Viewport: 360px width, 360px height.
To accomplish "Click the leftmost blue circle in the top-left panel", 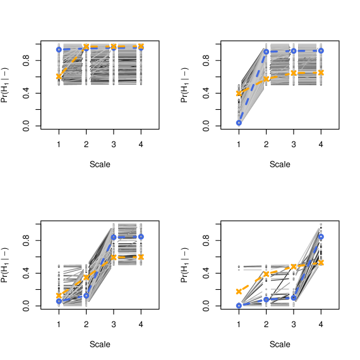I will coord(59,49).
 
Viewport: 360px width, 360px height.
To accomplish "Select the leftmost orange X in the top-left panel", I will coord(59,76).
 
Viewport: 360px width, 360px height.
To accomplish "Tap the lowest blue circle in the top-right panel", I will coord(239,123).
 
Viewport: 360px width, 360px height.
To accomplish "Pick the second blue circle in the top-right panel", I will coord(267,52).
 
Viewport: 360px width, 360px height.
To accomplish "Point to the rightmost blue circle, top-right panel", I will coord(321,51).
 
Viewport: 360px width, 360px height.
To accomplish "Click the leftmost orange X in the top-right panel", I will coord(239,93).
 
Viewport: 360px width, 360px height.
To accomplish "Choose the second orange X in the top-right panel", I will coord(267,79).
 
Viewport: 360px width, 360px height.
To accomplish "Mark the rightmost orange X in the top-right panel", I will coord(321,73).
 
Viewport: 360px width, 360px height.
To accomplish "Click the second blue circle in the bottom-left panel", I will coord(86,296).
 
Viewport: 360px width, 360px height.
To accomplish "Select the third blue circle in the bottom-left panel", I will coord(114,237).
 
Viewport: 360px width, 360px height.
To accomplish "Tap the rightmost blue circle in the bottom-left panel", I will coord(141,237).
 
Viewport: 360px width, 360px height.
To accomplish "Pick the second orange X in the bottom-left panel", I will coord(86,278).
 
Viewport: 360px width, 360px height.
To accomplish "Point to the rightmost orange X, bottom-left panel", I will coord(141,257).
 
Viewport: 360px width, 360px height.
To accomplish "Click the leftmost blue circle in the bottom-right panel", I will coord(239,306).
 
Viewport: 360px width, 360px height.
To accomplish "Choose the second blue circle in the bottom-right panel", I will coord(267,299).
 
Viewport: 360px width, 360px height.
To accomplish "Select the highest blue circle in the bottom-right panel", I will coord(321,237).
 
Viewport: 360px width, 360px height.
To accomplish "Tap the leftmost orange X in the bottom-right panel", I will coord(239,291).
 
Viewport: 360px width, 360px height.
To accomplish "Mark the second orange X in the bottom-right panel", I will coord(267,274).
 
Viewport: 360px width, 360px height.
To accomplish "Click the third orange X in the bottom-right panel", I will coord(294,267).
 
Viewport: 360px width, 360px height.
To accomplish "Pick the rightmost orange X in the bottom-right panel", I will coord(321,263).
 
